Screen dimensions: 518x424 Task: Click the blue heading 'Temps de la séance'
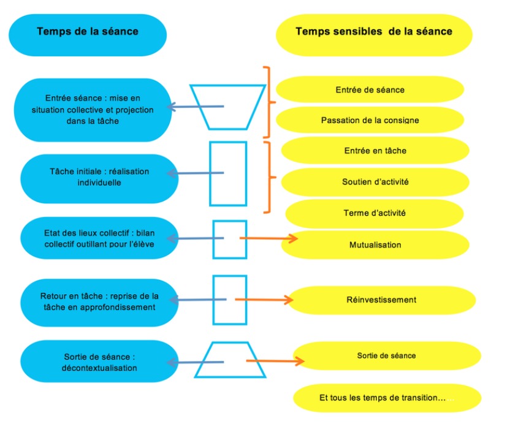pos(88,35)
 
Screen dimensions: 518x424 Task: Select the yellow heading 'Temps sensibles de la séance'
pos(374,35)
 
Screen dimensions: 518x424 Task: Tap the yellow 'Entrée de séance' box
pos(370,89)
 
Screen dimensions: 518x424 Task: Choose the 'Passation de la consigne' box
pos(370,120)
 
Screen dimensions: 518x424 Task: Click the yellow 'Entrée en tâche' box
pos(375,151)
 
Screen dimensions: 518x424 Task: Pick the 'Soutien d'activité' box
pos(375,181)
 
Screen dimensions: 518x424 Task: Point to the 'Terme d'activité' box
pos(375,213)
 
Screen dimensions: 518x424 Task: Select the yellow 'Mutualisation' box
pos(375,244)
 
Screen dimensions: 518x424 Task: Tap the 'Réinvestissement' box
pos(381,300)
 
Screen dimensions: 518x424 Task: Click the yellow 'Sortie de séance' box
pos(387,355)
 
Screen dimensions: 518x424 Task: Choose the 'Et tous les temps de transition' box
pos(387,398)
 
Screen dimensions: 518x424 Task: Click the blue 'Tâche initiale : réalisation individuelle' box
pos(99,179)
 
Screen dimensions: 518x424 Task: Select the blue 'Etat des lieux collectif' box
pos(99,238)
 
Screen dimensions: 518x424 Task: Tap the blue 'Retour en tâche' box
pos(99,303)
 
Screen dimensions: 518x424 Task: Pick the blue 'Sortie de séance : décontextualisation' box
pos(99,362)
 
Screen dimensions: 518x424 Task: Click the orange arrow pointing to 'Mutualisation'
pos(269,238)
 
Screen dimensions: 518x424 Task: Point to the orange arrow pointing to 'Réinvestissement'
pos(264,300)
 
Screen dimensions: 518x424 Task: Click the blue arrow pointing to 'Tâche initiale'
pos(195,173)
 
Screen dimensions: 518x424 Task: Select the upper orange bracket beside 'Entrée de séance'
pos(269,102)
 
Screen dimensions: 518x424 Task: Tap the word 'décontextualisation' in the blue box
pos(99,368)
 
